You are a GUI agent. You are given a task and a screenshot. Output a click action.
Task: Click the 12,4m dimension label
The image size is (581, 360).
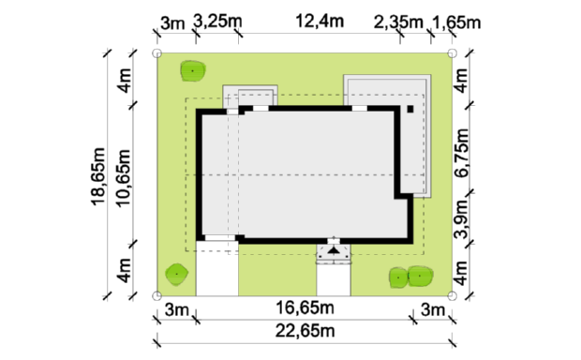pos(320,22)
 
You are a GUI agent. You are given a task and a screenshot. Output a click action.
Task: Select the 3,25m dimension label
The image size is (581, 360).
pos(217,22)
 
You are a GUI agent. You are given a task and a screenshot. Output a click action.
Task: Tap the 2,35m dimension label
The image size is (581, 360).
pos(398,22)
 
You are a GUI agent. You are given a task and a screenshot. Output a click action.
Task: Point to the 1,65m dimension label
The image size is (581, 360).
pos(456,23)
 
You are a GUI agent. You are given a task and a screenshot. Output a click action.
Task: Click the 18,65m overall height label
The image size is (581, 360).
pos(98,176)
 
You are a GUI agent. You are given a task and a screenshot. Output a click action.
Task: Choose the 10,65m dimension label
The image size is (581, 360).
pos(124,178)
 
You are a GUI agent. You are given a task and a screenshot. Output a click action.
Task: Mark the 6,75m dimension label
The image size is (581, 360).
pos(462,153)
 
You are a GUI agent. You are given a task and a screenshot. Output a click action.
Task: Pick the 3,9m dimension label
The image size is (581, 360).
pos(462,218)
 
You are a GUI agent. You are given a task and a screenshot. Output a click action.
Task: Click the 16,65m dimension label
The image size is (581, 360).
pos(305,307)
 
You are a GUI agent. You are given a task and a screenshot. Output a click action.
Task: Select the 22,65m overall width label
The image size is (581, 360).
pos(305,331)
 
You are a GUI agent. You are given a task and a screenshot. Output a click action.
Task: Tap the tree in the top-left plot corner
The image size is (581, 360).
pos(193,71)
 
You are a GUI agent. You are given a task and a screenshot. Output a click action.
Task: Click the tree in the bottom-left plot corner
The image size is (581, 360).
pos(176,275)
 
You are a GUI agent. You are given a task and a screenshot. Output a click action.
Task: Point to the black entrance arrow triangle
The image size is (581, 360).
pos(334,250)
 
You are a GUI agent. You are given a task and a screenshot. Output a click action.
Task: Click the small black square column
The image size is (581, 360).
pos(410,109)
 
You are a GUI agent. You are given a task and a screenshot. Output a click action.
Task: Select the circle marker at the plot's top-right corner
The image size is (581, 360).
pos(452,53)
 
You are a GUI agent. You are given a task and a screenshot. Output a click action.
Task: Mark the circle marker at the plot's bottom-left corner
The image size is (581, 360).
pos(157,295)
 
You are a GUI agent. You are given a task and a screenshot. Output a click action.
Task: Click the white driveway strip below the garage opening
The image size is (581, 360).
pos(217,268)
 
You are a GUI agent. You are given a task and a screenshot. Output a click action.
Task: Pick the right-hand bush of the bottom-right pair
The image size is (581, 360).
pos(420,277)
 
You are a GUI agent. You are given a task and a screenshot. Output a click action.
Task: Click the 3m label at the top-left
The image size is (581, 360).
pos(172,23)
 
